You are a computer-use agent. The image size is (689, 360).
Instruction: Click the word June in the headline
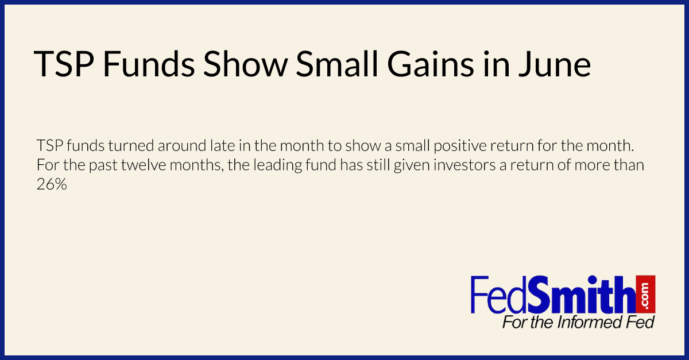click(x=555, y=64)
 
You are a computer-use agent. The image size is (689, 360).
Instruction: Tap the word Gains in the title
click(x=431, y=64)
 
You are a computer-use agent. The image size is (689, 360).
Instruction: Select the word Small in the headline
click(x=337, y=64)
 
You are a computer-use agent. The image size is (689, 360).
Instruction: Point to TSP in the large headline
click(x=64, y=64)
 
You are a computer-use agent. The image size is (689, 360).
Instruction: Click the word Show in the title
click(x=245, y=64)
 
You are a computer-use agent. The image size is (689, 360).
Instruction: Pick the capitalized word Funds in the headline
click(x=149, y=64)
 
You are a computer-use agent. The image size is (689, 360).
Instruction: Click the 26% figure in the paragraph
click(x=52, y=184)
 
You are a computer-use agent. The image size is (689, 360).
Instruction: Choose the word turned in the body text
click(x=131, y=145)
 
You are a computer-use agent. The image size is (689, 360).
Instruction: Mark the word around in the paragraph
click(x=182, y=145)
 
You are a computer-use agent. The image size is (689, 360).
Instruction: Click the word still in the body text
click(x=377, y=165)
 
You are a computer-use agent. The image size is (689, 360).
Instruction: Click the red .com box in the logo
click(x=645, y=294)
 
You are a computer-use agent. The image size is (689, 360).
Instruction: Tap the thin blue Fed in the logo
click(x=498, y=295)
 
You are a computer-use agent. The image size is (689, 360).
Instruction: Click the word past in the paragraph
click(x=103, y=166)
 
